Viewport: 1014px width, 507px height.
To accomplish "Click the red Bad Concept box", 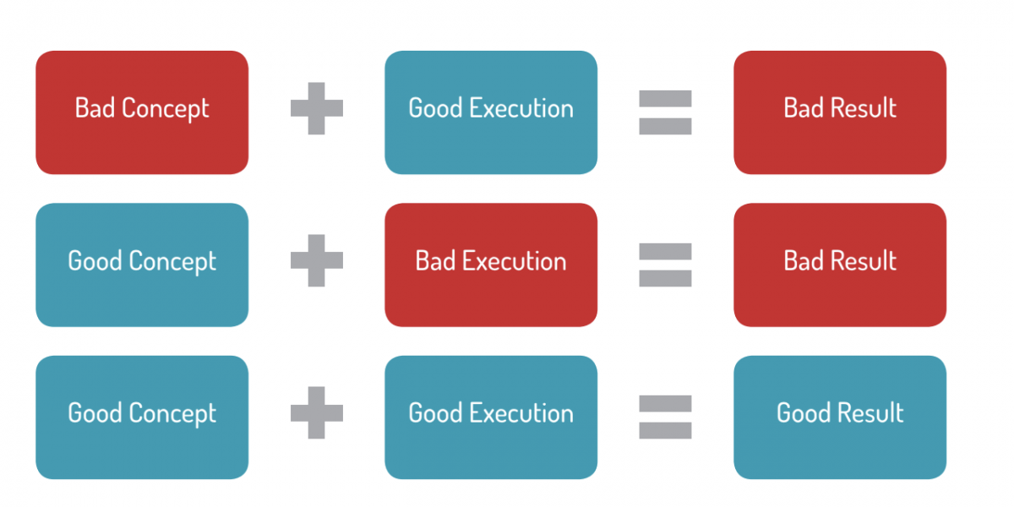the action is click(142, 112).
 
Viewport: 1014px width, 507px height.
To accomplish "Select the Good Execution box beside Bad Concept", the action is click(491, 112).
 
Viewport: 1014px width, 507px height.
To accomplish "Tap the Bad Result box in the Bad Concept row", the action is click(840, 112).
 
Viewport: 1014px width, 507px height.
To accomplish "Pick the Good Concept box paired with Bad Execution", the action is click(142, 264).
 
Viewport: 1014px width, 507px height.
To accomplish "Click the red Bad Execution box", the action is click(491, 264).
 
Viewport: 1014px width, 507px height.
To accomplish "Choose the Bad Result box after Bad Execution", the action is click(840, 264).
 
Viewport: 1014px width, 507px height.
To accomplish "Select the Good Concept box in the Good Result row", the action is click(142, 417).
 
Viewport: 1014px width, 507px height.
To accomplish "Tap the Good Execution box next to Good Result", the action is click(491, 417).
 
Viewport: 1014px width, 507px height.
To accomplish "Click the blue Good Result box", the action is click(840, 417).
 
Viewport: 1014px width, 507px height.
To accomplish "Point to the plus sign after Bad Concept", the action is click(316, 108).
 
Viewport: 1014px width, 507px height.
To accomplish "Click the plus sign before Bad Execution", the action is click(316, 260).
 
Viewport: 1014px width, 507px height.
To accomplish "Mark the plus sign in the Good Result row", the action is click(316, 412).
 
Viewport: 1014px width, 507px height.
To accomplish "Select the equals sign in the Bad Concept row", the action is click(666, 112).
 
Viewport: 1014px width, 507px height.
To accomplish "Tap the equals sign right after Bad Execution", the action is click(666, 264).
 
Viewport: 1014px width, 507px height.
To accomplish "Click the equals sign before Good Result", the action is click(666, 417).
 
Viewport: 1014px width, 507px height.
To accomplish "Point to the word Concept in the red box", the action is click(166, 109).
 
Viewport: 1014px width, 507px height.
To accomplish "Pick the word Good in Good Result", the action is click(803, 413).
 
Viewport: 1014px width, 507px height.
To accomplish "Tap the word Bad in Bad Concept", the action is click(95, 108).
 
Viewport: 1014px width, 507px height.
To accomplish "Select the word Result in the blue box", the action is click(870, 413).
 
